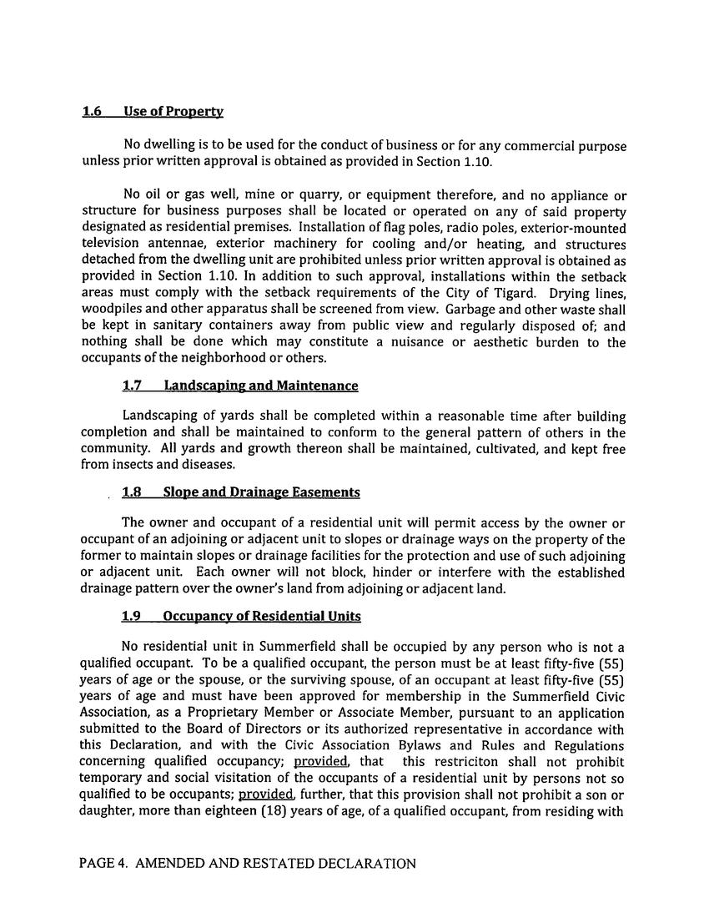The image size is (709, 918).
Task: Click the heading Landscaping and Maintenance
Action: pos(260,386)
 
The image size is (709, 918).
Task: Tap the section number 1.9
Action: pos(131,616)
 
